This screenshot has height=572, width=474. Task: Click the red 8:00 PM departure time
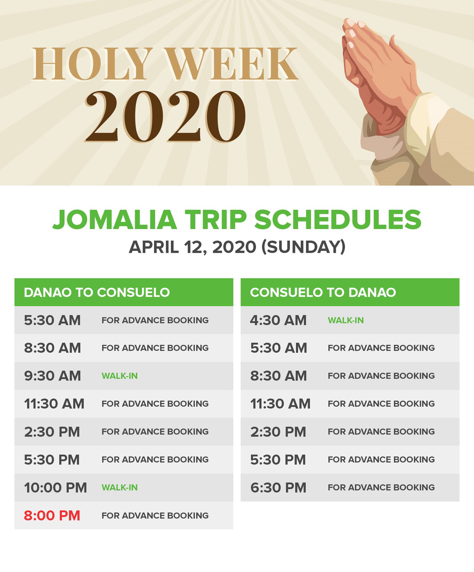click(52, 516)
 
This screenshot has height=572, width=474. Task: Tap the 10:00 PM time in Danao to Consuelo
click(55, 488)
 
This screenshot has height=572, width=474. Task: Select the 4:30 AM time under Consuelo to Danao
click(278, 320)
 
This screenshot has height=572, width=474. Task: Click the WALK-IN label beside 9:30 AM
click(120, 376)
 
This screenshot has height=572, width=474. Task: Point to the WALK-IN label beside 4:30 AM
click(346, 320)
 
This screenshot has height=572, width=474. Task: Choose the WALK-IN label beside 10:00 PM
click(120, 488)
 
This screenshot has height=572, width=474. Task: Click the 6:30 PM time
click(278, 488)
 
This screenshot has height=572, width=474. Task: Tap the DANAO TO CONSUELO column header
click(97, 292)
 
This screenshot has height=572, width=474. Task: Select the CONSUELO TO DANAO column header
click(323, 292)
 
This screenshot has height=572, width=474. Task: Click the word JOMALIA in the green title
click(115, 220)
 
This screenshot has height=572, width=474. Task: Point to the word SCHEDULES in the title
click(338, 220)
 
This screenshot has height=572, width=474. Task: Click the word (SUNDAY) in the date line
click(304, 247)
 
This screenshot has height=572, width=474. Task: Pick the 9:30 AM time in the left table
click(52, 376)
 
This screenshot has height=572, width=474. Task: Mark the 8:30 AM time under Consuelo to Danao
click(278, 376)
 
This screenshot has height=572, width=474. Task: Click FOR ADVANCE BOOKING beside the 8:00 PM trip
click(155, 516)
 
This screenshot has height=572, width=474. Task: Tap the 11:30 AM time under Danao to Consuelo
click(54, 404)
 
